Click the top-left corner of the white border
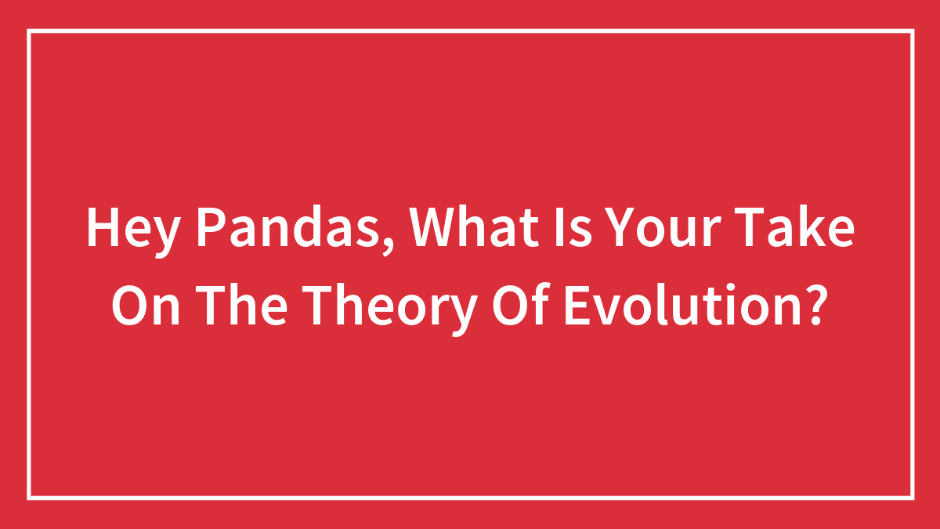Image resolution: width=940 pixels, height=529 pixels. coord(29,31)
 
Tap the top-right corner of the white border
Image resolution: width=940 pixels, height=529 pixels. coord(912,31)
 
